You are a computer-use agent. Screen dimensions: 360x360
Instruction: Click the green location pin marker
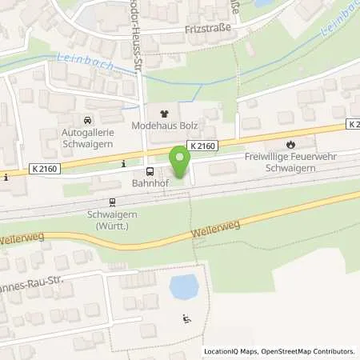point(180,162)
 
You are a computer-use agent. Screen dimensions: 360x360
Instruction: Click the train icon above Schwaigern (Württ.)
point(113,202)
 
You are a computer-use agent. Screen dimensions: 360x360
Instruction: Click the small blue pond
point(183,286)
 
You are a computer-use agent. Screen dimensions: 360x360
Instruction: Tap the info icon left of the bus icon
point(123,165)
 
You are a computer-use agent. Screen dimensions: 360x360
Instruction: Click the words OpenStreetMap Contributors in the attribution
point(310,351)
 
